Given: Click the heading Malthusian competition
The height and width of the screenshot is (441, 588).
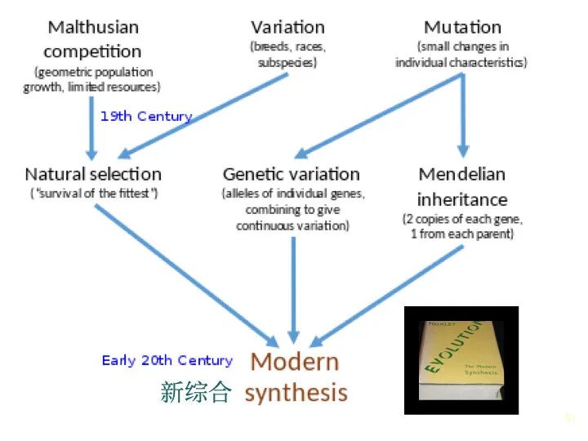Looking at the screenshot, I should coord(92,39).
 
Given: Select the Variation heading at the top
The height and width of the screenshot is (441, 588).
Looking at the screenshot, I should coord(287,27).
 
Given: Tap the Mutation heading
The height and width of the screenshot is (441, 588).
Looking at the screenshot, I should coord(462,27).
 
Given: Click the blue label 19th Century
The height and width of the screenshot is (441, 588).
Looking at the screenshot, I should coord(146,116).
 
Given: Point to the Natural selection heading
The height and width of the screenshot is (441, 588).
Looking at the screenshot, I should coord(93,174).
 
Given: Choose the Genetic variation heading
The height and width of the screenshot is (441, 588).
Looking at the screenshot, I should coord(291,174).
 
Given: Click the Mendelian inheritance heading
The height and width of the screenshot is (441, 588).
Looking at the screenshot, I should coord(462,186).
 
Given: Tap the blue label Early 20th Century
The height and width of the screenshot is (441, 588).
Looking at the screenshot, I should coord(167,360).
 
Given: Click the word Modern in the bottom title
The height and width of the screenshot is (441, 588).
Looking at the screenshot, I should coord(294,361).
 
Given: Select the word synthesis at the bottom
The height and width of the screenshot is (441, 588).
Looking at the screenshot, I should coord(296,393).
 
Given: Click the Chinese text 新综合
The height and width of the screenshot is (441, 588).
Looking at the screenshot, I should coord(196,393).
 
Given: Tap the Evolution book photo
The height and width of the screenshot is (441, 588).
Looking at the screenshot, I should coord(461,360).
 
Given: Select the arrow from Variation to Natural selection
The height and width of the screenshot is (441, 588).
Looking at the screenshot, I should coord(204,115).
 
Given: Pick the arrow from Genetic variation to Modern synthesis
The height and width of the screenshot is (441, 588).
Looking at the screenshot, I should coord(292,286).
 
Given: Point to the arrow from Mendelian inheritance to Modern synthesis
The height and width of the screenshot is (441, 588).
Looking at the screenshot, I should coord(388,294).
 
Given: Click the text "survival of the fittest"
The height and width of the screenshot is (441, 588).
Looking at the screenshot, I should coord(93,194).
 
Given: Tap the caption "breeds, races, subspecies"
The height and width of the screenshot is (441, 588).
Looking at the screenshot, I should coord(287,54).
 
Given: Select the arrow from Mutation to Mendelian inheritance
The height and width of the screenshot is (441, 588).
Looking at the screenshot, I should coord(462,114).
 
